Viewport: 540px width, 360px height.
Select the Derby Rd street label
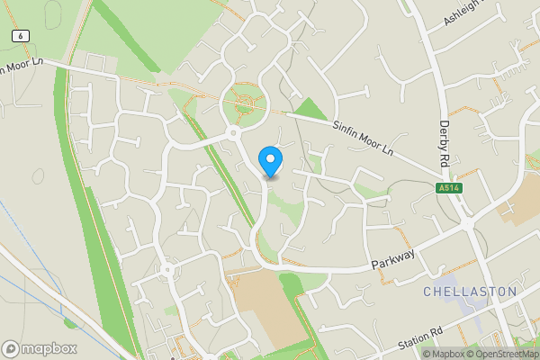(x=444, y=143)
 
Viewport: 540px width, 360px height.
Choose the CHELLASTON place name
(x=470, y=292)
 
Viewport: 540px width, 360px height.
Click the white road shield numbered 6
(x=20, y=34)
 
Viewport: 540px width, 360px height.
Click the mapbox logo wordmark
(x=40, y=348)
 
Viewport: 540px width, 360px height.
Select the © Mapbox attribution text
(x=444, y=354)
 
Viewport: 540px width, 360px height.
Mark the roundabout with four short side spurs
(x=166, y=269)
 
